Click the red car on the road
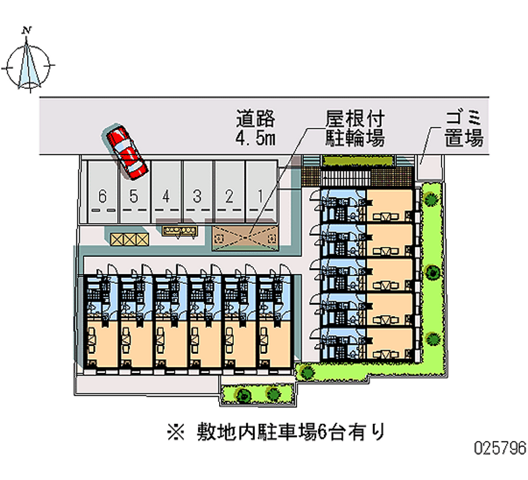point(127,151)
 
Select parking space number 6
point(102,196)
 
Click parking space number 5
point(133,196)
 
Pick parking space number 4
point(166,196)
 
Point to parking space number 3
point(197,196)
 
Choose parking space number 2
point(230,196)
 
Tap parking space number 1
point(261,196)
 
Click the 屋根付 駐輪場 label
point(355,129)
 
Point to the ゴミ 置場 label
point(464,129)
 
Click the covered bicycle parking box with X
point(245,234)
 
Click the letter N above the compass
point(27,30)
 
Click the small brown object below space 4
point(180,230)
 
